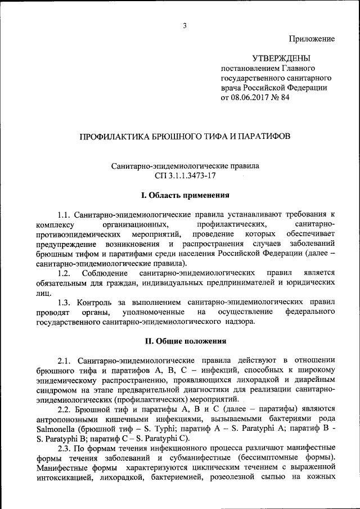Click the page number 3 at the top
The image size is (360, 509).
pyautogui.click(x=184, y=25)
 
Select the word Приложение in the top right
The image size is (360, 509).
pyautogui.click(x=312, y=39)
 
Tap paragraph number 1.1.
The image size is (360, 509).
pyautogui.click(x=65, y=214)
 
